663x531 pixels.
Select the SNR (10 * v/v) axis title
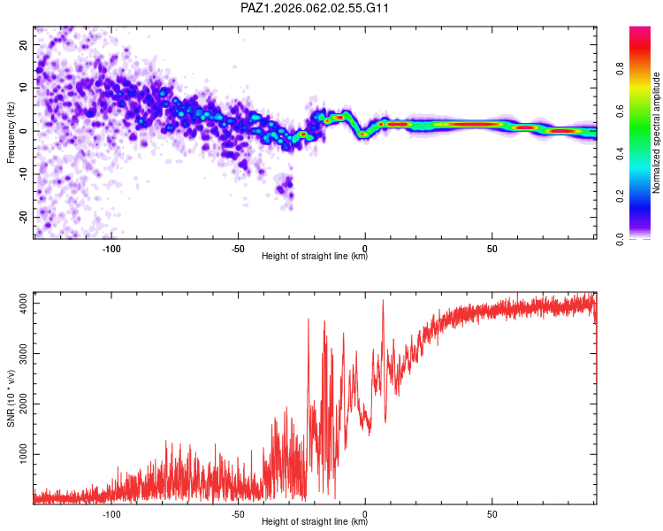pyautogui.click(x=11, y=397)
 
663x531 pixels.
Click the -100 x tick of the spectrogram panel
pyautogui.click(x=111, y=249)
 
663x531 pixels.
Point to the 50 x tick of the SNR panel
pyautogui.click(x=492, y=513)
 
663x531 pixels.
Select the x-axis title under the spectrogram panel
pyautogui.click(x=315, y=258)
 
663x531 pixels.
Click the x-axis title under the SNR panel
pyautogui.click(x=315, y=522)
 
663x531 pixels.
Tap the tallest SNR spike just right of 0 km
pyautogui.click(x=383, y=301)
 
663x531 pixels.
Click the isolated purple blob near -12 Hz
pyautogui.click(x=284, y=188)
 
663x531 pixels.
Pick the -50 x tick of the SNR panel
pyautogui.click(x=238, y=513)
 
